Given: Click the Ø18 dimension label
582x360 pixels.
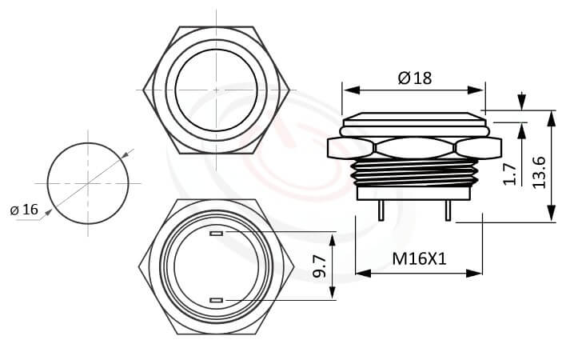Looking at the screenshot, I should tap(413, 78).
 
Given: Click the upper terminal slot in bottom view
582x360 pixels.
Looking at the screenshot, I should tap(216, 234).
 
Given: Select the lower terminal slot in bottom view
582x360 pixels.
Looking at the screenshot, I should tap(216, 300).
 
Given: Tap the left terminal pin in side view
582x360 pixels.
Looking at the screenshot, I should tap(382, 210).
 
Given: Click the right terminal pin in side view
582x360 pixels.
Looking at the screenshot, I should tap(448, 210).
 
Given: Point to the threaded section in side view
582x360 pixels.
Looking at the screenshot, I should tap(414, 171).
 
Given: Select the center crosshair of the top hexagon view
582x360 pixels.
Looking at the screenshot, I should tap(216, 90).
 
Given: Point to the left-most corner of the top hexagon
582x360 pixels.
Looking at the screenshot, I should tap(143, 90).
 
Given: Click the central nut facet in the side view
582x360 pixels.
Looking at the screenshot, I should tap(414, 148).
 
